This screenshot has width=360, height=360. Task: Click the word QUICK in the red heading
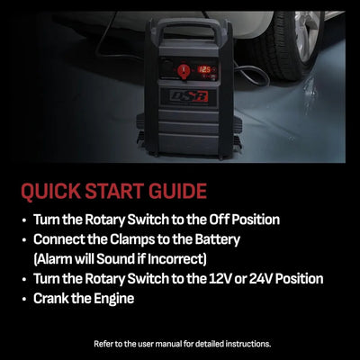click(54, 191)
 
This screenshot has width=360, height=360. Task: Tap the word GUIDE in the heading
click(174, 191)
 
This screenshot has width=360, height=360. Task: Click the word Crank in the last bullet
click(52, 298)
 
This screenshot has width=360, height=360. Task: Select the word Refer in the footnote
click(104, 344)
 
